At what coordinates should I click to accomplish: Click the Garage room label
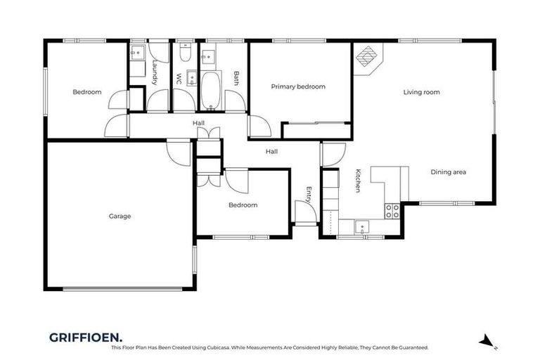click(x=120, y=216)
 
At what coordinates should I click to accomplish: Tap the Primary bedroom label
click(x=298, y=86)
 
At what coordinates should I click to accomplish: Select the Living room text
click(x=421, y=92)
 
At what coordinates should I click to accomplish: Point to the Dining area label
click(x=448, y=172)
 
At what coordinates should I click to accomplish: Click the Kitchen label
click(x=358, y=181)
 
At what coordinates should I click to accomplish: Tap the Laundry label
click(x=154, y=72)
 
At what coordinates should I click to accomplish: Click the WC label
click(x=179, y=78)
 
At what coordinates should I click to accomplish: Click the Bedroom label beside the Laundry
click(x=87, y=92)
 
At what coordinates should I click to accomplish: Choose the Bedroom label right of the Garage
click(x=243, y=205)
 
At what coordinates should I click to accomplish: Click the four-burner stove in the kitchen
click(x=392, y=211)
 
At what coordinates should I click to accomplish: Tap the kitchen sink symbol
click(x=361, y=226)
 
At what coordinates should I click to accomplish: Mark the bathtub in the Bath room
click(x=210, y=90)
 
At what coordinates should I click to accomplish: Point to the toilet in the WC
click(x=184, y=53)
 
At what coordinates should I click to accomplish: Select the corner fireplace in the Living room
click(x=367, y=56)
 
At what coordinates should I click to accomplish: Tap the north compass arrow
click(x=487, y=341)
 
